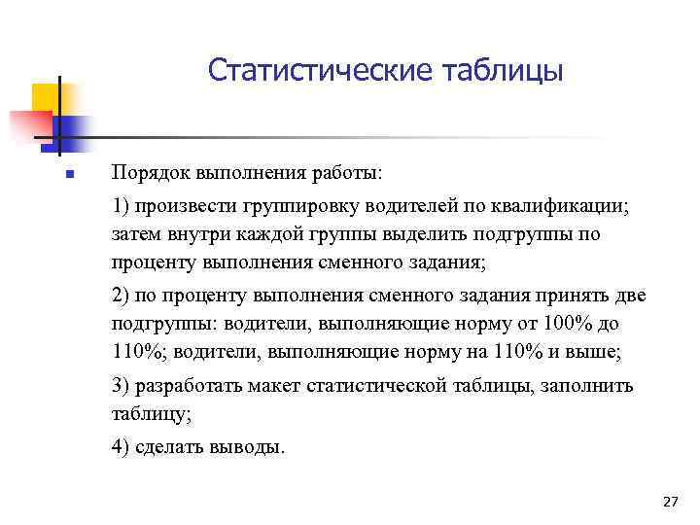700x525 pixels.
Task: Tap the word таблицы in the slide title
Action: [503, 72]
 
